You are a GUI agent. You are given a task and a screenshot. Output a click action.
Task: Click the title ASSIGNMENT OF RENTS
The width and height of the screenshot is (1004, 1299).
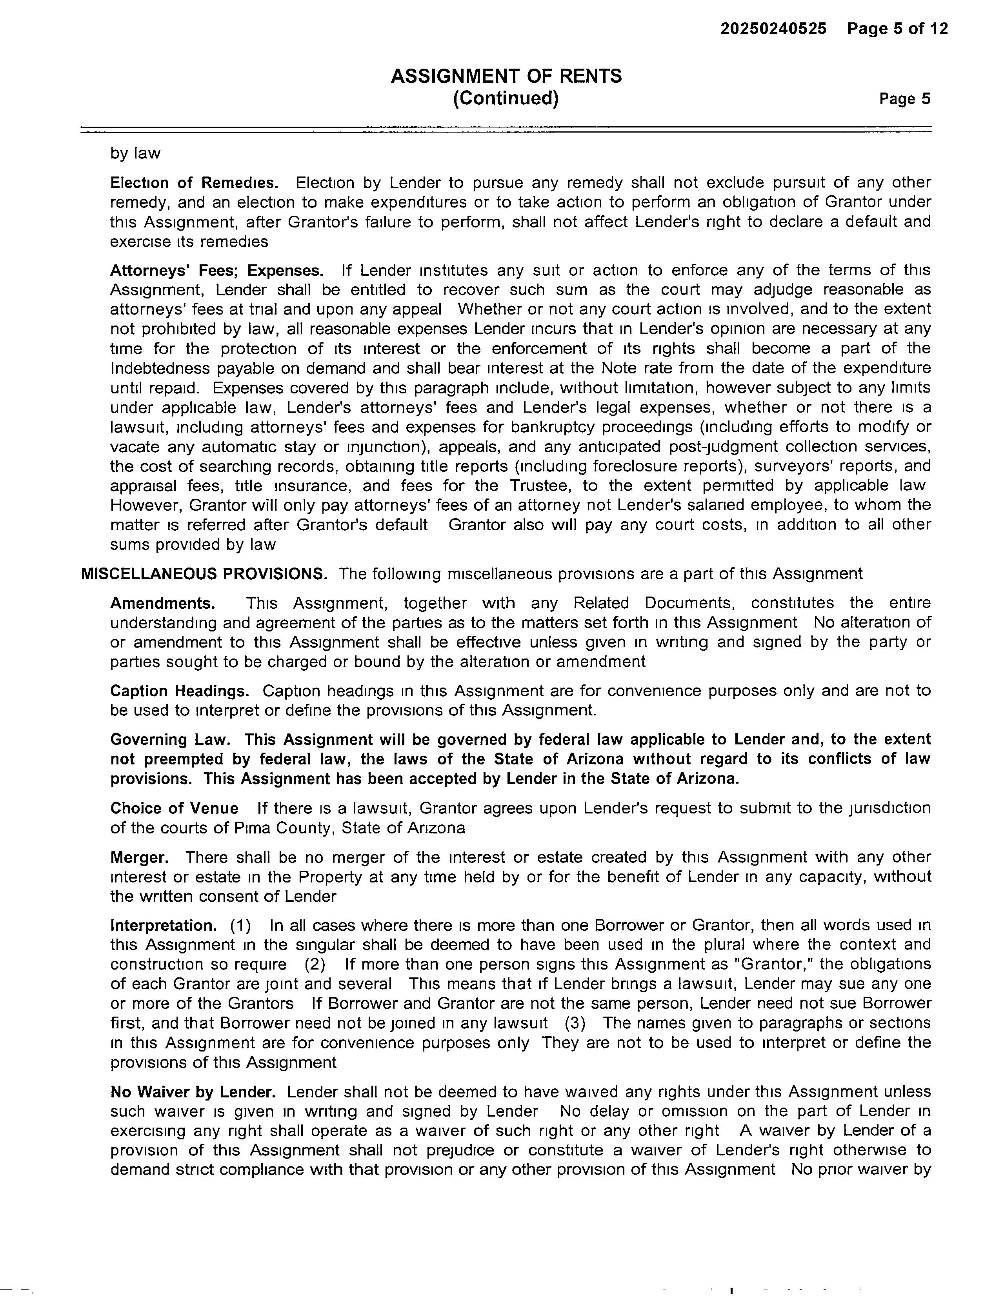(x=506, y=76)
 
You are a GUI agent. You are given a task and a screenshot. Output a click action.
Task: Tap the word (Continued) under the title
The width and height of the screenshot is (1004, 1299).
(x=506, y=98)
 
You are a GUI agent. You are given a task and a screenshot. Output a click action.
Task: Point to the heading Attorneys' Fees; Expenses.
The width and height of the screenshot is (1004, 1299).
(x=216, y=271)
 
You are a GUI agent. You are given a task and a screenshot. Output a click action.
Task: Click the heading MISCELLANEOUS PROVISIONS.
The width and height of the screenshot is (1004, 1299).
(x=204, y=574)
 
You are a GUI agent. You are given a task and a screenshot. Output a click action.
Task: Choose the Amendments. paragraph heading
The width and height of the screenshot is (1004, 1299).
(x=162, y=603)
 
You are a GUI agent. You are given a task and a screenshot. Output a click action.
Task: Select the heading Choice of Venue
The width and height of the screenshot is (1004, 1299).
(x=174, y=808)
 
